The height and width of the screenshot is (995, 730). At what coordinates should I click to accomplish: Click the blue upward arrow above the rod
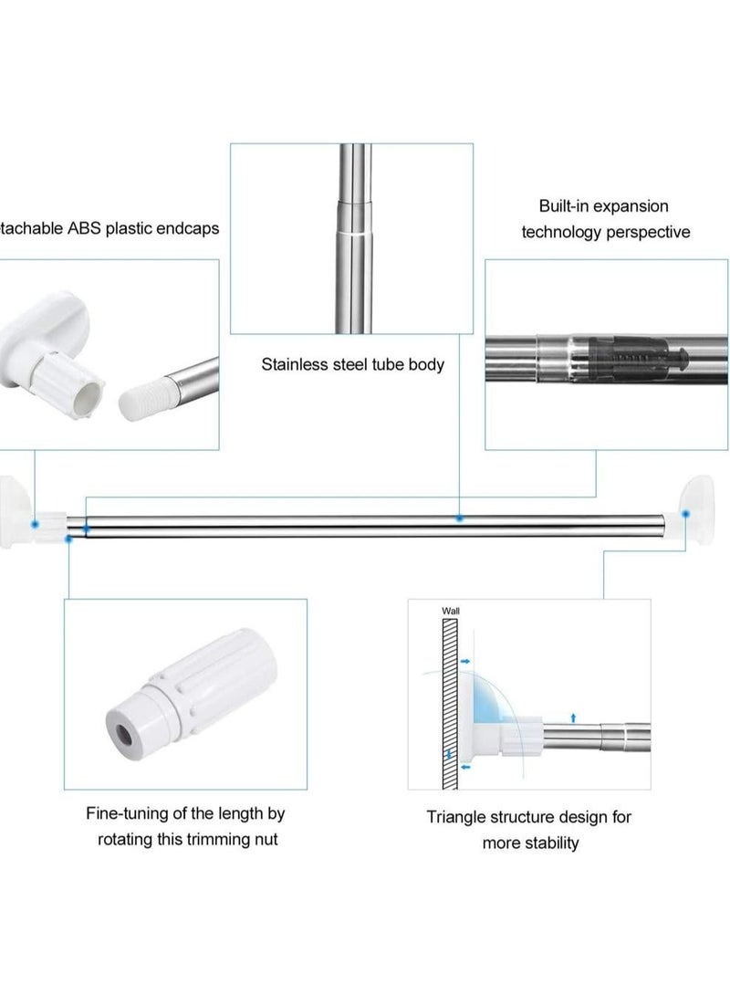point(573,717)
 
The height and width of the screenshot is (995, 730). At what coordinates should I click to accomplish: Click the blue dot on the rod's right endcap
point(685,514)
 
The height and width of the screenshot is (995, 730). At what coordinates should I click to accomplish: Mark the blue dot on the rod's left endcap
point(34,524)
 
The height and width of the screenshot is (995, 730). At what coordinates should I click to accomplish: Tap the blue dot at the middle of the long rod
point(460,518)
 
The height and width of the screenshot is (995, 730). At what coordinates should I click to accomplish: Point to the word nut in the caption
point(266,839)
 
